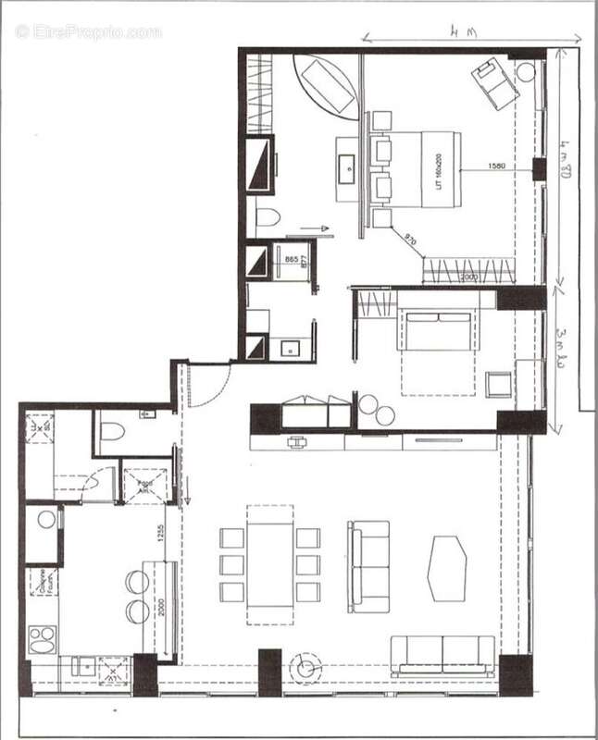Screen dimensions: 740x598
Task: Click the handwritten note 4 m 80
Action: pyautogui.click(x=566, y=159)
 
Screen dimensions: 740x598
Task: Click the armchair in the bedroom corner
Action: pyautogui.click(x=494, y=83)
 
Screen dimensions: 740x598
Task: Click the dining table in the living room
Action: pyautogui.click(x=269, y=563)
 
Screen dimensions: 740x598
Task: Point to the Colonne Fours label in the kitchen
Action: pyautogui.click(x=42, y=581)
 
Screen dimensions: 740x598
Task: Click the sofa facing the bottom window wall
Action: pyautogui.click(x=442, y=654)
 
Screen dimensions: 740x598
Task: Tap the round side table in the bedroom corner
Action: pyautogui.click(x=526, y=72)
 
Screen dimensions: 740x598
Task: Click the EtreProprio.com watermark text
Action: pyautogui.click(x=88, y=31)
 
